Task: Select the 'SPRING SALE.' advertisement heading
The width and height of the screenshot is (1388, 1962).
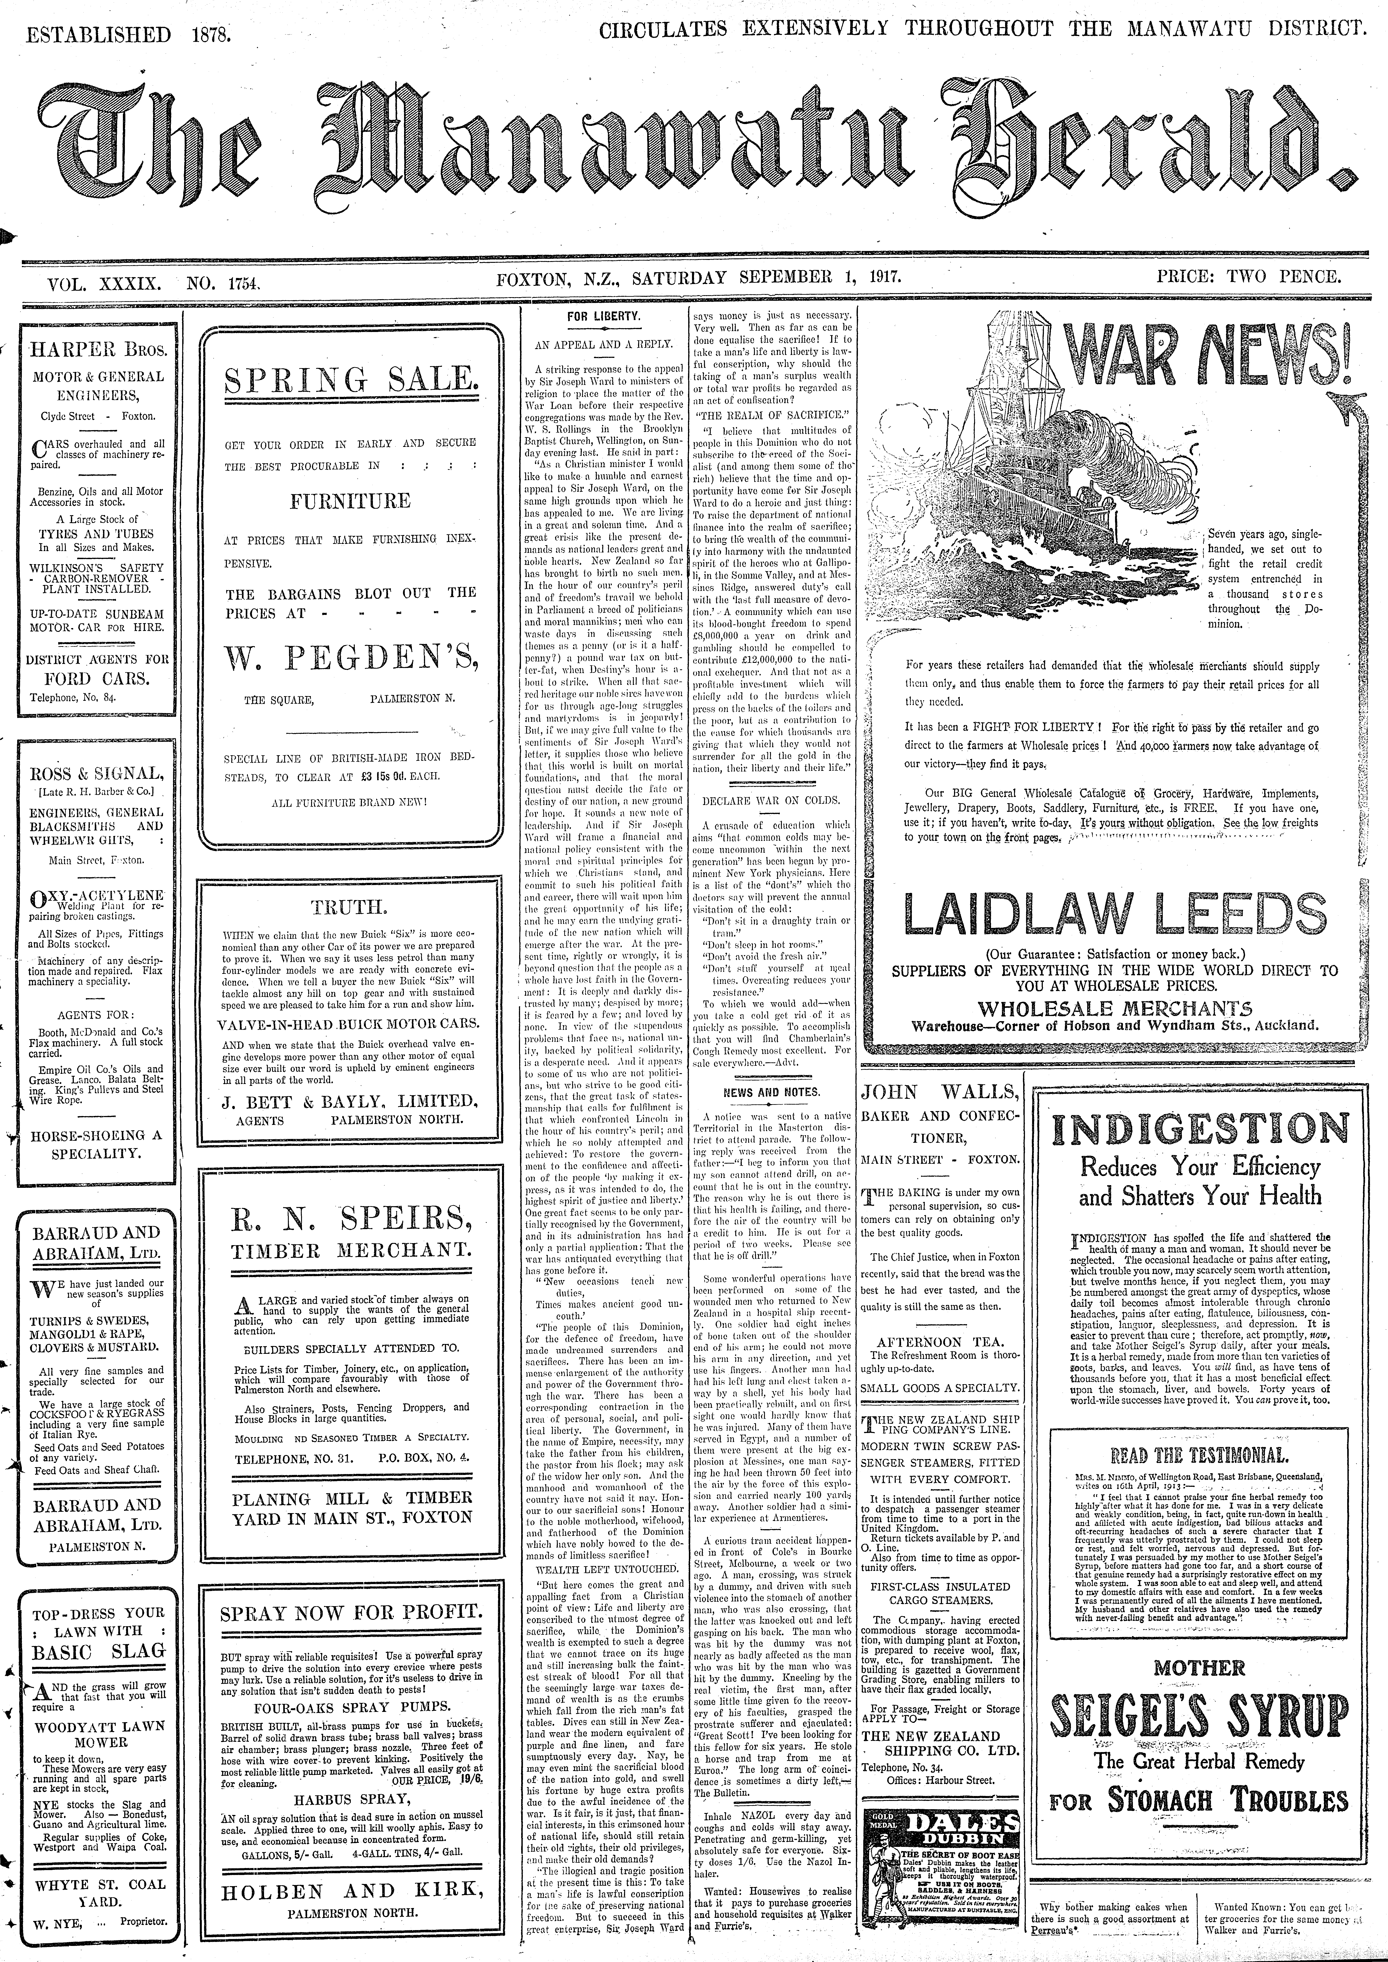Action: click(x=350, y=378)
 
